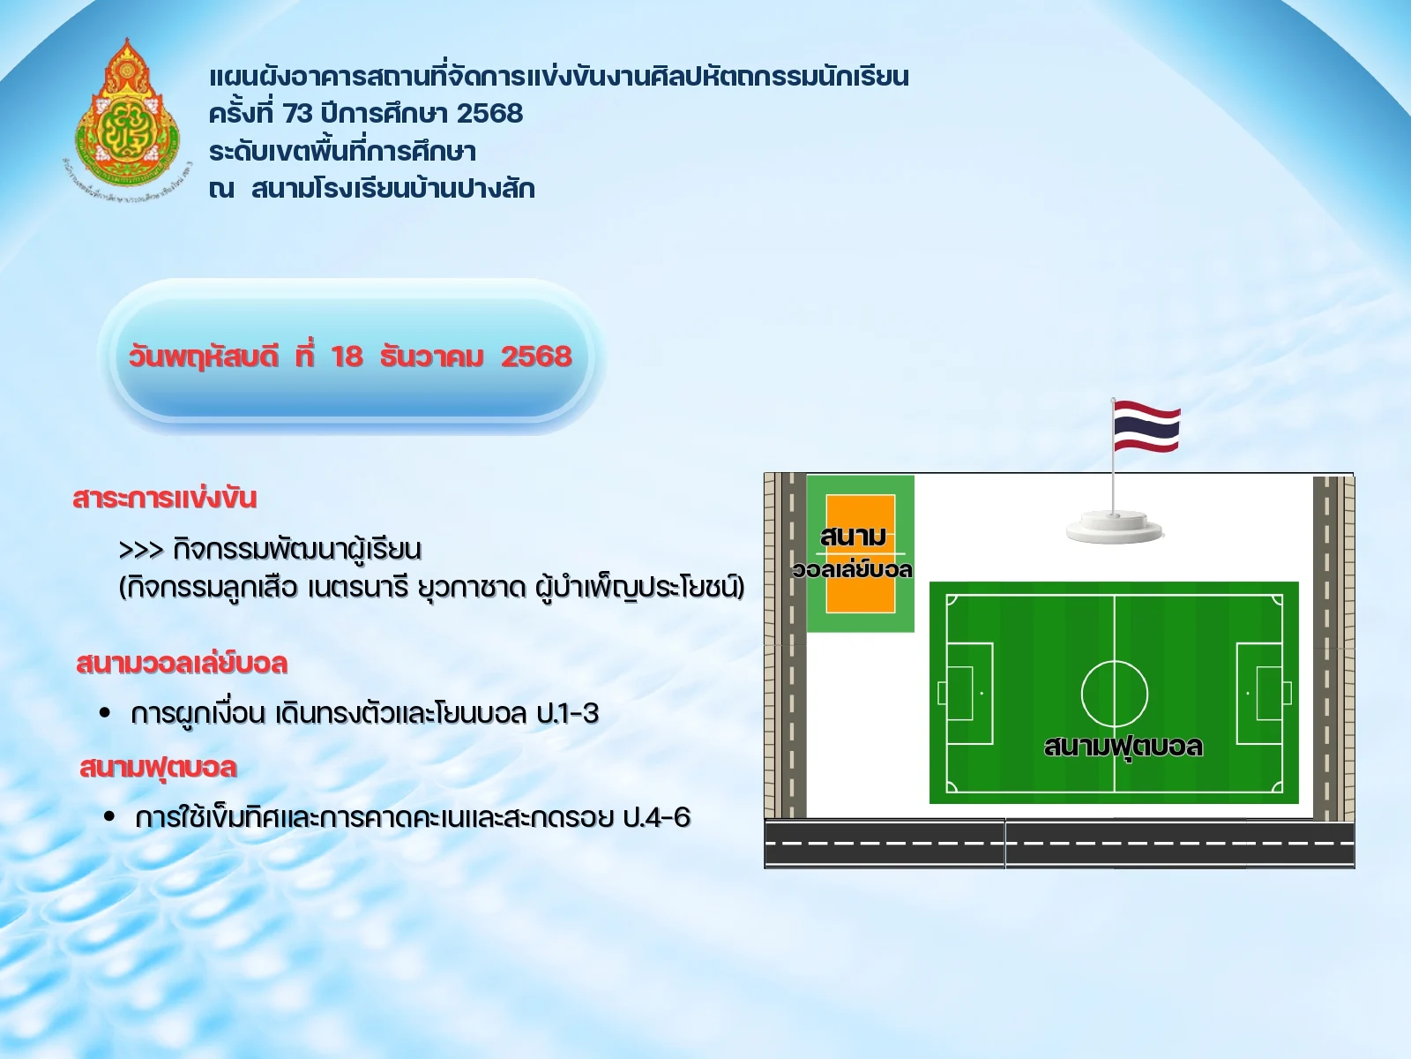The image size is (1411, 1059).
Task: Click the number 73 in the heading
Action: pos(298,114)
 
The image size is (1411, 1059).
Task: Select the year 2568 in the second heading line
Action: pos(489,114)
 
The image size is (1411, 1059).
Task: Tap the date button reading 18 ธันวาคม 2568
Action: pos(349,357)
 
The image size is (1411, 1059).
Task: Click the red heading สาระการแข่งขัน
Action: pos(165,498)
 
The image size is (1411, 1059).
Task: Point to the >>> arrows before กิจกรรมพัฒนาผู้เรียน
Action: pos(141,550)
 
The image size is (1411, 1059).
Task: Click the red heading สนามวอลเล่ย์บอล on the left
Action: pos(182,663)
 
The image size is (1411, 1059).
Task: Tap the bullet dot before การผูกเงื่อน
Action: pos(106,712)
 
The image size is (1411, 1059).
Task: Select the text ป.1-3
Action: pos(567,713)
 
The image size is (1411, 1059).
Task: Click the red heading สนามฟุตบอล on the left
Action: pos(158,768)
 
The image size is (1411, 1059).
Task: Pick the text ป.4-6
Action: pos(656,818)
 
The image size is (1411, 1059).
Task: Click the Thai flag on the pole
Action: pos(1146,426)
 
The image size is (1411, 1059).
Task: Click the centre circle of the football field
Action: pos(1115,693)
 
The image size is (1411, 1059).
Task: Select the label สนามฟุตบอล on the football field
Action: pos(1123,747)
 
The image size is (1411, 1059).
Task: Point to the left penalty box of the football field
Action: pos(968,693)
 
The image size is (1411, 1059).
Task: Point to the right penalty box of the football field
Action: pos(1261,693)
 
